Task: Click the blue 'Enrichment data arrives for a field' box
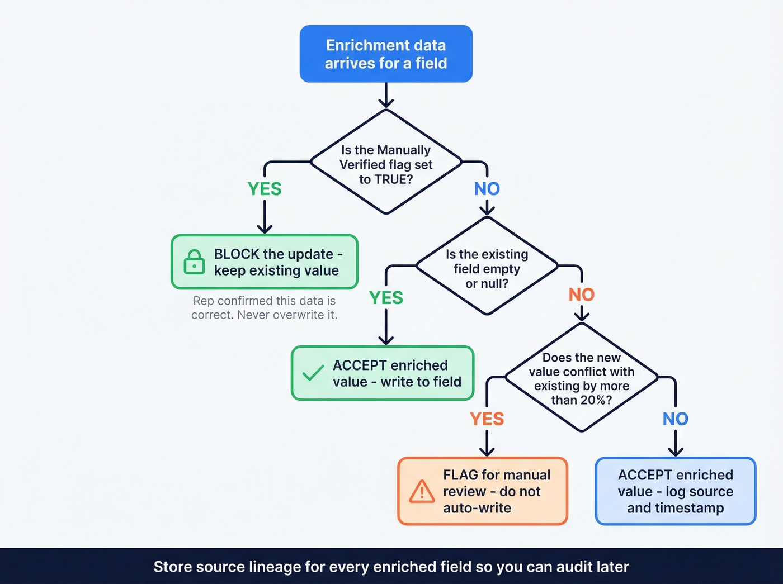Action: [x=386, y=54]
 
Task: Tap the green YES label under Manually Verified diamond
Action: [x=265, y=189]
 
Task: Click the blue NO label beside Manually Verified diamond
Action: [x=487, y=189]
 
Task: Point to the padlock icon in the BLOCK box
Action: [x=194, y=262]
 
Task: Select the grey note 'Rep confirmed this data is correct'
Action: [x=264, y=308]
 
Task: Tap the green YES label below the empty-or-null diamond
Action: [x=386, y=298]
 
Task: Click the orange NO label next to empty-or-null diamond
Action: [x=581, y=295]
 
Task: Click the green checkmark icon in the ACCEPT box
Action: [x=313, y=373]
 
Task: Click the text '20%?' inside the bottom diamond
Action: [x=596, y=400]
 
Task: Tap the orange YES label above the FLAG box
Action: [x=487, y=419]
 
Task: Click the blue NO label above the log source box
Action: [x=675, y=419]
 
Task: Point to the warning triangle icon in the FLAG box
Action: [x=422, y=491]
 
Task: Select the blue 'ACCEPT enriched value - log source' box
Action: [x=675, y=491]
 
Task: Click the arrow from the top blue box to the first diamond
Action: [x=386, y=95]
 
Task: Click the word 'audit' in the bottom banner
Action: [x=573, y=567]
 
